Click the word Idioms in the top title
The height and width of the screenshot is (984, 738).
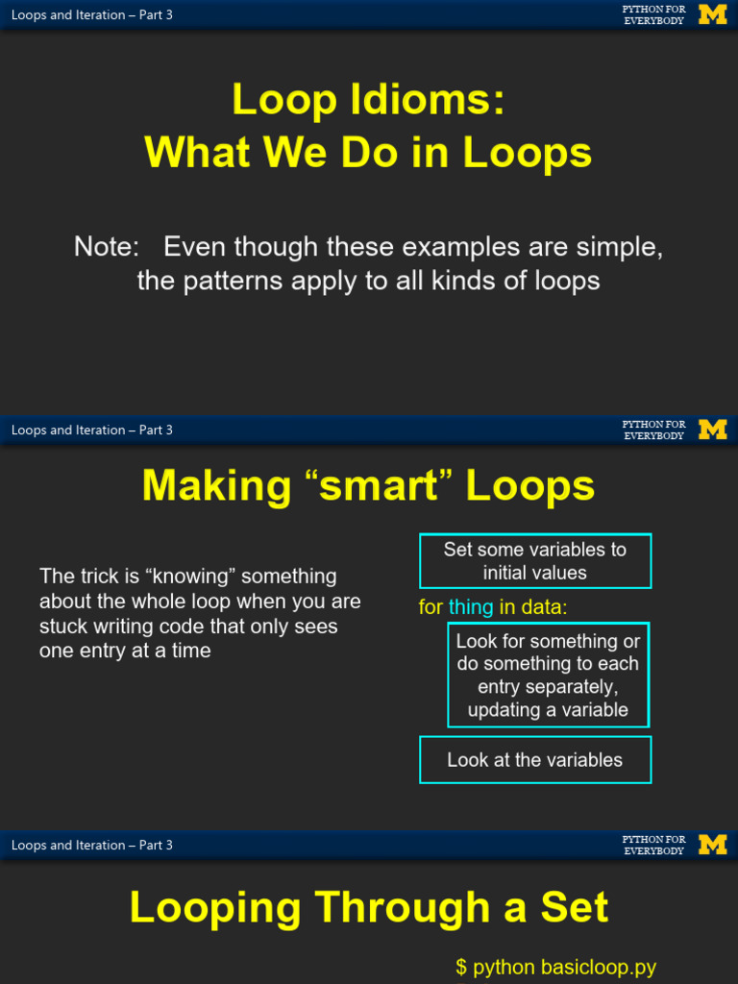pos(427,99)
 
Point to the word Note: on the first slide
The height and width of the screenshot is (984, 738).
pos(106,246)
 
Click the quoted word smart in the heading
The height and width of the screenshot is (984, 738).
pos(378,485)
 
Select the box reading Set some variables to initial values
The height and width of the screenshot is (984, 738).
pos(535,561)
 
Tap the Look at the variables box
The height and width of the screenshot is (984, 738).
pos(535,759)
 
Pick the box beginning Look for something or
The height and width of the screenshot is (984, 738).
pos(548,675)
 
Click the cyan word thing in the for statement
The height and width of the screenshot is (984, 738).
pos(471,607)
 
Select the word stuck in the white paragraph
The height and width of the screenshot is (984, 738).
pos(62,627)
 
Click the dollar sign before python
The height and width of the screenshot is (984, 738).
pos(461,968)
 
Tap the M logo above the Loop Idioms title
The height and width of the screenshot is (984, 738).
pos(713,14)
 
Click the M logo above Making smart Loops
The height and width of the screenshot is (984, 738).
pos(713,430)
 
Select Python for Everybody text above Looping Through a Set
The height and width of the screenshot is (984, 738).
pos(653,845)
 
